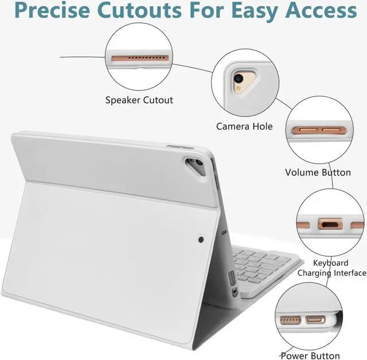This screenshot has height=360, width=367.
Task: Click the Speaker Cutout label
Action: click(x=139, y=100)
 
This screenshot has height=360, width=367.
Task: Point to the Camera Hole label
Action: click(x=244, y=126)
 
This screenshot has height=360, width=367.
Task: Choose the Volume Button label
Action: click(x=318, y=172)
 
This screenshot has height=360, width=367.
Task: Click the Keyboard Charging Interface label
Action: click(x=331, y=268)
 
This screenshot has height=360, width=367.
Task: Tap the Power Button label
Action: click(x=310, y=355)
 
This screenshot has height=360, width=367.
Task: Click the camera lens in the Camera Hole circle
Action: click(x=237, y=79)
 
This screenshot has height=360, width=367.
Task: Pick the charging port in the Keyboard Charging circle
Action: click(x=329, y=224)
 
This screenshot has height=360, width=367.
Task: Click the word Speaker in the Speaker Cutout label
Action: click(x=123, y=100)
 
